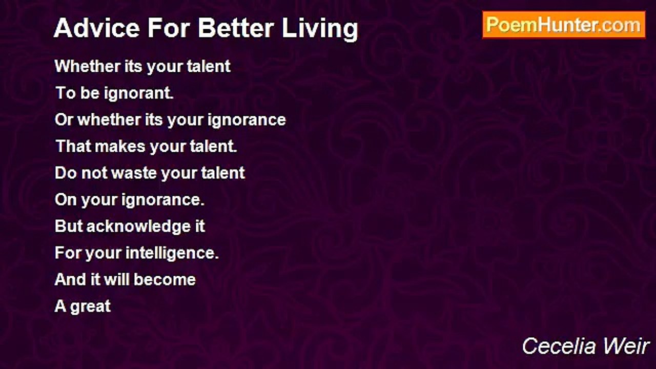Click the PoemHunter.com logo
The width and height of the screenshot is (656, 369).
click(x=563, y=25)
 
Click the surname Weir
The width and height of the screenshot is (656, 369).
click(x=630, y=346)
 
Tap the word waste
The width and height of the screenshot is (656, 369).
click(x=134, y=173)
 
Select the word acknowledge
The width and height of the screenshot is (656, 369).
click(x=139, y=227)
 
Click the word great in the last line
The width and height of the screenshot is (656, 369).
click(x=90, y=307)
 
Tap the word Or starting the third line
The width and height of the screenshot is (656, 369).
click(x=64, y=120)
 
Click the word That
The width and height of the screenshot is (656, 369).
click(x=70, y=147)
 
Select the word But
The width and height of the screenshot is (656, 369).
click(x=68, y=227)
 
